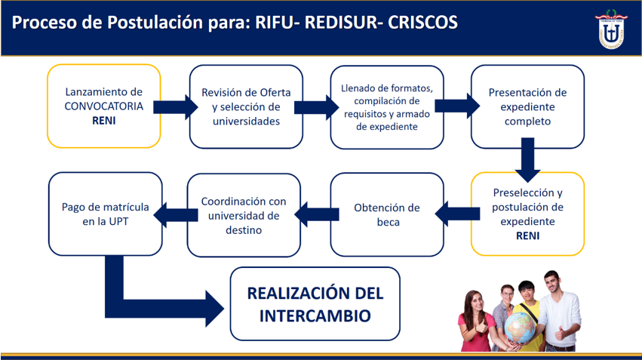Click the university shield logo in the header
[x=611, y=29]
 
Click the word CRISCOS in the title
[x=422, y=23]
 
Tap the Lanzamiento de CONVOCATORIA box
[x=104, y=106]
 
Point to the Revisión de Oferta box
[x=246, y=106]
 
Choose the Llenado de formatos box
[x=387, y=107]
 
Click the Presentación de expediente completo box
[x=527, y=106]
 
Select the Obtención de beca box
[x=387, y=214]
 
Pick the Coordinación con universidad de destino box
[x=244, y=215]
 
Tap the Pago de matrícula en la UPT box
[x=105, y=214]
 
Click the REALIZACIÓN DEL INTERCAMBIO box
[x=315, y=304]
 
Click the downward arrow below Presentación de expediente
[x=527, y=160]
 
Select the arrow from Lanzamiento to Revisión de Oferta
[x=175, y=107]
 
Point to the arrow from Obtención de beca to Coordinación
[x=317, y=214]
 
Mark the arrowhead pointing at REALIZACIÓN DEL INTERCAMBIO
[x=214, y=309]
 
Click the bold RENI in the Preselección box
[x=527, y=236]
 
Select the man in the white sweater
[x=558, y=310]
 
